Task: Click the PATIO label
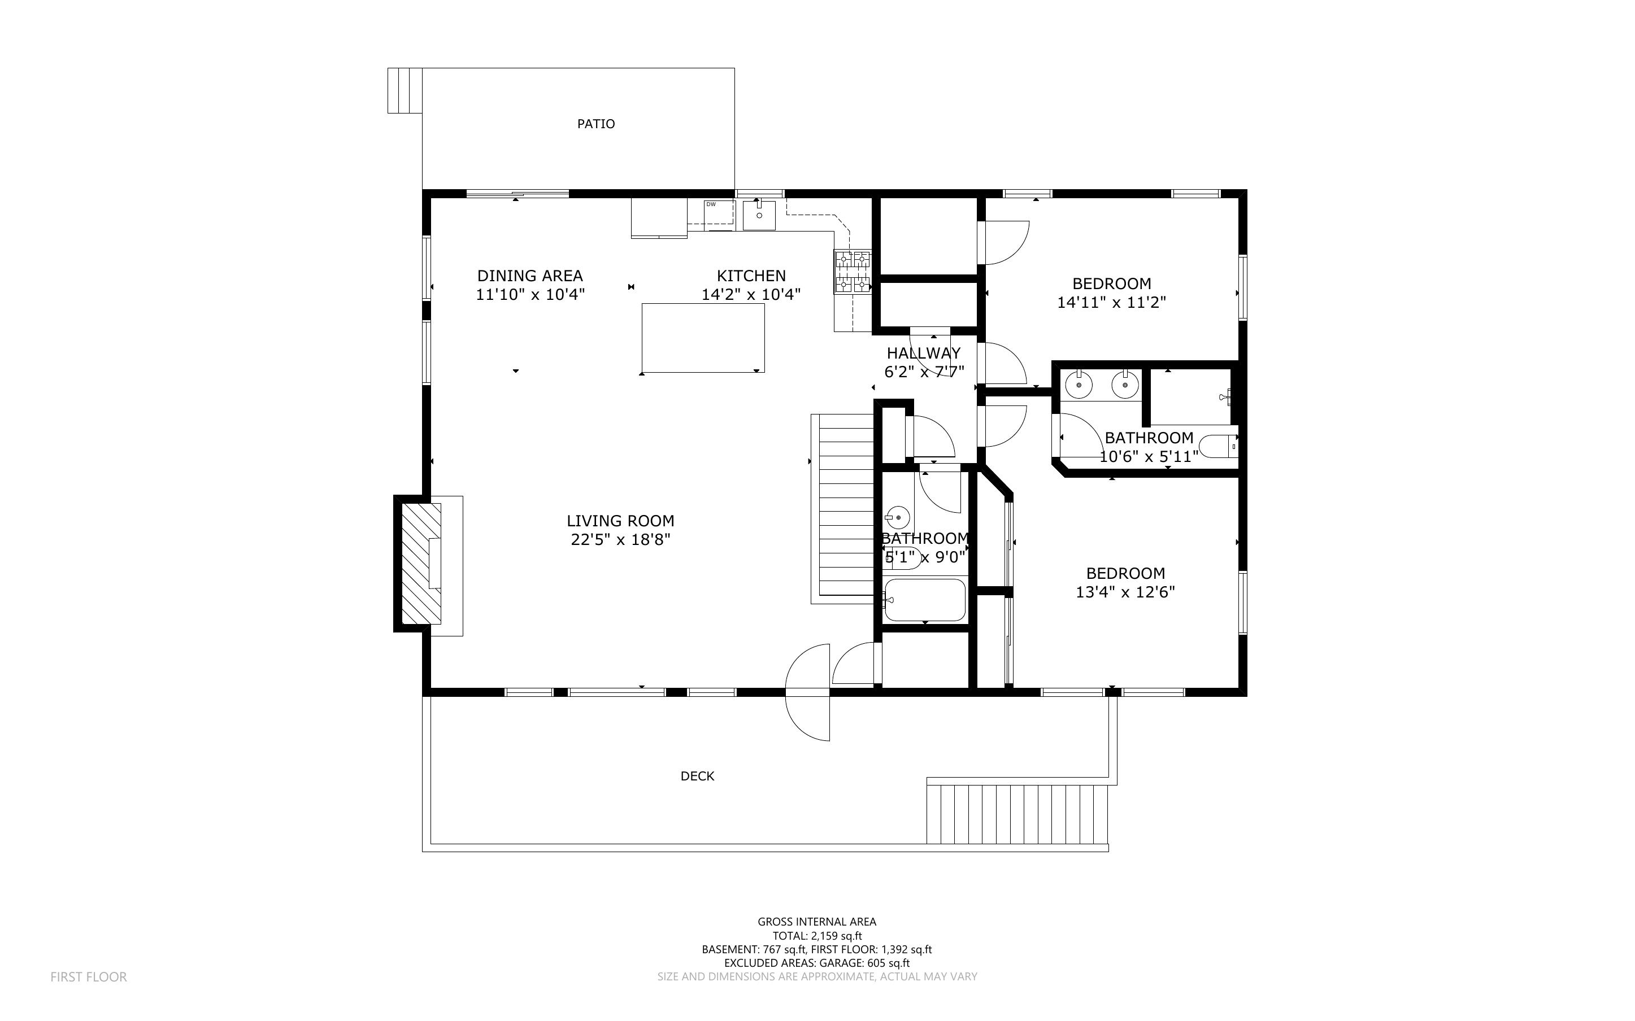595,124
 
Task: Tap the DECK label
697,776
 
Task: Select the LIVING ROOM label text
620,521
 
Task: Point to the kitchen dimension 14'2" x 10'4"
751,294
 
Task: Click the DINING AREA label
529,276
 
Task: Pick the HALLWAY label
923,352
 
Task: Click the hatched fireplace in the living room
421,563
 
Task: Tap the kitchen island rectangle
703,338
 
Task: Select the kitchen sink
759,215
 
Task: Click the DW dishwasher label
711,204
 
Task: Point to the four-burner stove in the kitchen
853,272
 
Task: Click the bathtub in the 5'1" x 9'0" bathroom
924,600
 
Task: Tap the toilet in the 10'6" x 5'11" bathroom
1217,446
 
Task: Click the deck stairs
1017,814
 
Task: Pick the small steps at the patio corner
405,90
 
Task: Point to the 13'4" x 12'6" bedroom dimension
1125,592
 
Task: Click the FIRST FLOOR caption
89,976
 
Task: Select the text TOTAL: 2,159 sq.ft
817,936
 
